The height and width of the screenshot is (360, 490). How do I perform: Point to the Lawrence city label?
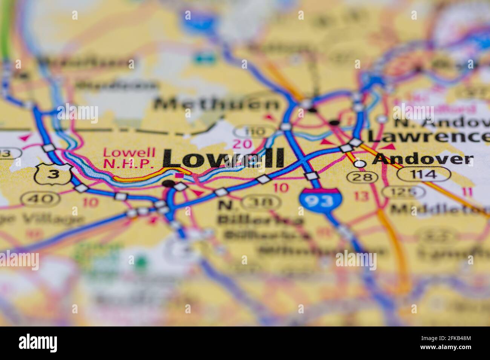pyautogui.click(x=428, y=137)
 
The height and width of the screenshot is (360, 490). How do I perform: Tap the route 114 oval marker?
pyautogui.click(x=424, y=174)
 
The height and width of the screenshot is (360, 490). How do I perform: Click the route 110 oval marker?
pyautogui.click(x=254, y=131)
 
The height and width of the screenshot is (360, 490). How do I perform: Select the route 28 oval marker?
pyautogui.click(x=362, y=176)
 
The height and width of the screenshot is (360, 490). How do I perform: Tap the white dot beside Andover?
pyautogui.click(x=361, y=163)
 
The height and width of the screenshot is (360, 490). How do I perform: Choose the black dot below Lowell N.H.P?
pyautogui.click(x=168, y=184)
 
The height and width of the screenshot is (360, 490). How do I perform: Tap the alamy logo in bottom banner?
pyautogui.click(x=38, y=343)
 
